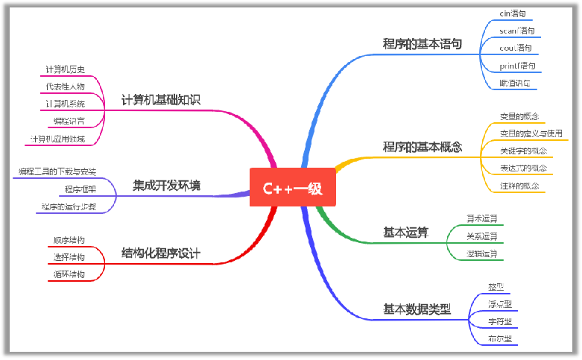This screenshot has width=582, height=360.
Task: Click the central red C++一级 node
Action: coord(292,189)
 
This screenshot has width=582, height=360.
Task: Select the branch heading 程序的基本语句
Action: coord(422,44)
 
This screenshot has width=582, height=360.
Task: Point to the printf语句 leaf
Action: coord(516,66)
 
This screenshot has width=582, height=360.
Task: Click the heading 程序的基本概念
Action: coord(422,147)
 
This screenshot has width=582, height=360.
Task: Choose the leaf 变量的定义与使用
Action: coord(531,133)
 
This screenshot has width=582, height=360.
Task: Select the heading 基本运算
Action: coord(405,233)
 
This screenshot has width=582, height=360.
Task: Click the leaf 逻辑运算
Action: coord(481,254)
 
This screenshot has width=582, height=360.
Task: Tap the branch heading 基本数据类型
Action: coord(417,309)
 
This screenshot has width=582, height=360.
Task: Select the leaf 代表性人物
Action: coord(65,86)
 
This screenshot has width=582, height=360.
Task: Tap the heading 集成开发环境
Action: coord(166,185)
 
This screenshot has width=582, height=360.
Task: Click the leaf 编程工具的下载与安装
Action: coord(57,172)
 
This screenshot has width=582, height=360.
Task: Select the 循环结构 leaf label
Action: coord(69,274)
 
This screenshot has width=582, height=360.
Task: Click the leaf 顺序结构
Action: coord(69,240)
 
